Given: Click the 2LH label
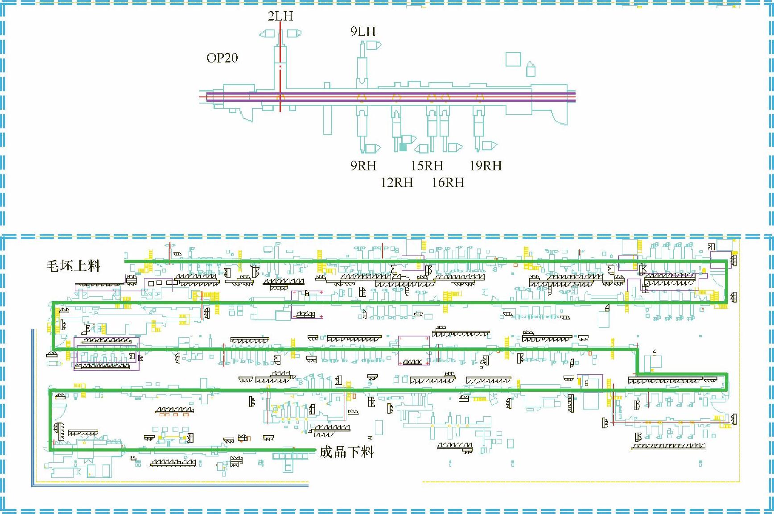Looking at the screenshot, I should click(x=280, y=16).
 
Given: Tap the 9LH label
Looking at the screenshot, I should click(x=363, y=31).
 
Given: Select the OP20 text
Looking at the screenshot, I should click(x=222, y=58).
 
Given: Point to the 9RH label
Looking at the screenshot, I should click(x=363, y=166).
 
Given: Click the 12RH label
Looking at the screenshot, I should click(x=397, y=182).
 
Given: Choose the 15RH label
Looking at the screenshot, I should click(x=427, y=166).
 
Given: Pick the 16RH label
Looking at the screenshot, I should click(x=448, y=182).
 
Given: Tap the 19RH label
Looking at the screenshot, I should click(x=486, y=166).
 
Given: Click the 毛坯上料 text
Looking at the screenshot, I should click(x=74, y=266).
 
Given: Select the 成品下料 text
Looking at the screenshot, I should click(x=346, y=452).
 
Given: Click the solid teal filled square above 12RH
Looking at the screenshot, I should click(x=403, y=146).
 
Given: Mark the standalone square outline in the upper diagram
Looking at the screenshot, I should click(x=513, y=59).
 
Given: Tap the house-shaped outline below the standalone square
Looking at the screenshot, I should click(x=531, y=70).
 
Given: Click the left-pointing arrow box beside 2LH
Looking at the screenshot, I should click(x=268, y=33).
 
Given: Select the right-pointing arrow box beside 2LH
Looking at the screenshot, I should click(x=294, y=33).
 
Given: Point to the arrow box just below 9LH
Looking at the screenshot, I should click(x=372, y=45).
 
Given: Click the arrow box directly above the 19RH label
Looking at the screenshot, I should click(x=489, y=145).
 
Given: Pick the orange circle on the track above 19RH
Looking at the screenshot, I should click(x=479, y=97).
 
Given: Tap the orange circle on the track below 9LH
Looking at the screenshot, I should click(x=362, y=97).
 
